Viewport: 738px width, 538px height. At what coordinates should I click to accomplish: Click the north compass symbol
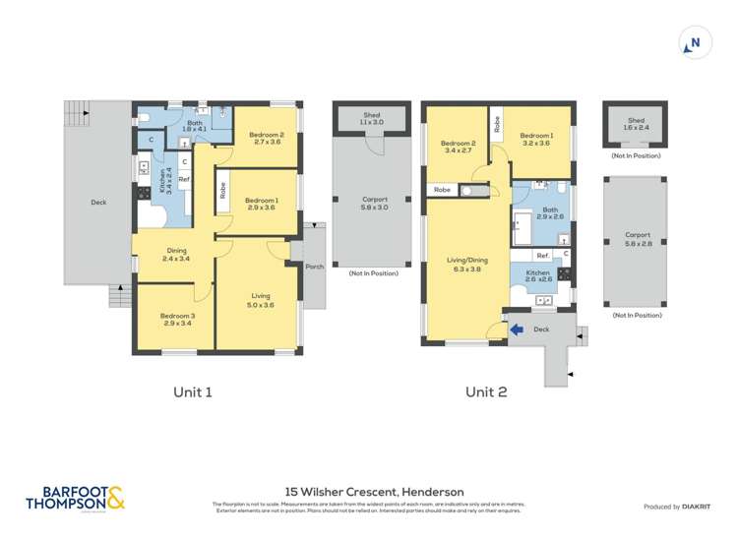[x=695, y=42]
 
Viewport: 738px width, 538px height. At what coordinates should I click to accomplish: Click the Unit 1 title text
[x=193, y=391]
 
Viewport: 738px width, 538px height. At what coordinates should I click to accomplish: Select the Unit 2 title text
[x=486, y=391]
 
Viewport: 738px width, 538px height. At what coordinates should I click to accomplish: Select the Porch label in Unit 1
[x=314, y=267]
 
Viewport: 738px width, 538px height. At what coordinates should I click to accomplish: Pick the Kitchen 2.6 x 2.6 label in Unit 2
[x=537, y=276]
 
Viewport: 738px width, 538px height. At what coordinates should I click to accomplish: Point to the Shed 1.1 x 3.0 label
[x=371, y=118]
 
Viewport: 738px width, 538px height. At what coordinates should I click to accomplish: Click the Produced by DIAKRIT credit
[x=676, y=507]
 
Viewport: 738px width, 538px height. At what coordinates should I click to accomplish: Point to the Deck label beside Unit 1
[x=97, y=203]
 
